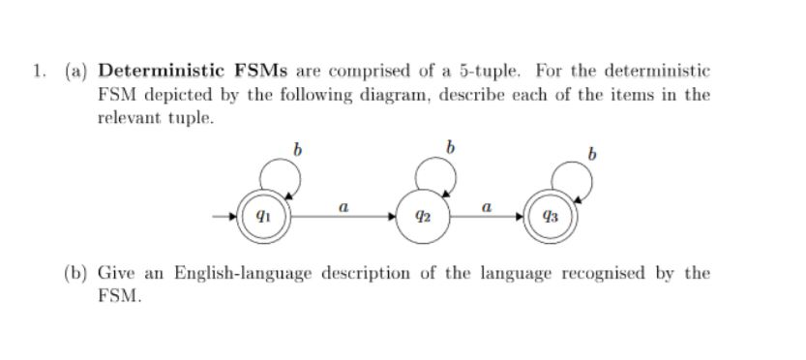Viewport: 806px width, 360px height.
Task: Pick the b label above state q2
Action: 450,148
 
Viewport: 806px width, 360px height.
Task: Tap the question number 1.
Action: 36,72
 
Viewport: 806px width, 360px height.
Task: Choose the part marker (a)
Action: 75,72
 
